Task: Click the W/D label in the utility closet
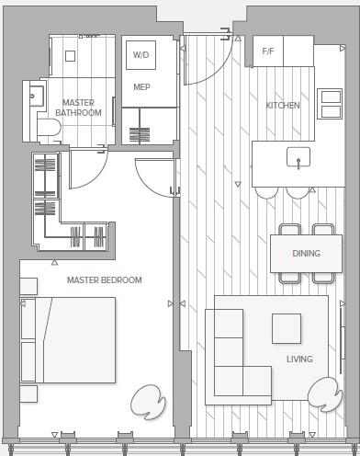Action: click(141, 55)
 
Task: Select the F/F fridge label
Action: click(267, 51)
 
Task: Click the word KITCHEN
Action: click(283, 106)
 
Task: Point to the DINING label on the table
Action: click(306, 253)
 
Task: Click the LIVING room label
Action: click(299, 359)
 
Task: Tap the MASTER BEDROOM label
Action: click(105, 279)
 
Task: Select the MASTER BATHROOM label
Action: click(78, 108)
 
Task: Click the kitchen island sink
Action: click(298, 158)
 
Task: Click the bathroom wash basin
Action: click(36, 95)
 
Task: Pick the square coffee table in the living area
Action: click(286, 328)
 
